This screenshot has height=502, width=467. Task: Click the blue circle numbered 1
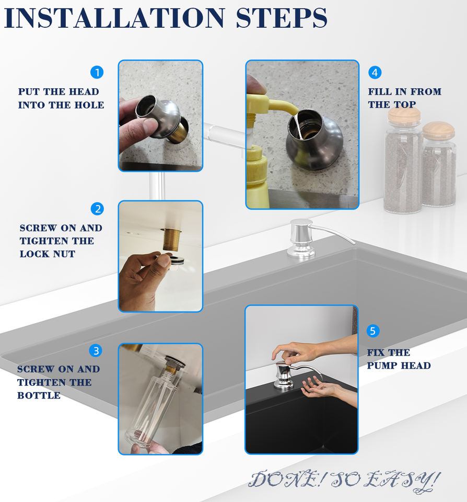pyautogui.click(x=97, y=72)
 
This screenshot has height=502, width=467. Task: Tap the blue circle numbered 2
pyautogui.click(x=98, y=209)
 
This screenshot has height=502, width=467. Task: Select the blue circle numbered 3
pyautogui.click(x=96, y=350)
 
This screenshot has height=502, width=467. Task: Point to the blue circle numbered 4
pyautogui.click(x=375, y=72)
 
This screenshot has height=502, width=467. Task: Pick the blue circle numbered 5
pyautogui.click(x=373, y=330)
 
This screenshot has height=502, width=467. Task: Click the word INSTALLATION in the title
pyautogui.click(x=114, y=18)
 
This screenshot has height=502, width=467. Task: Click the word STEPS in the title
pyautogui.click(x=282, y=18)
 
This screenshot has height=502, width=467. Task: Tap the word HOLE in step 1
pyautogui.click(x=89, y=105)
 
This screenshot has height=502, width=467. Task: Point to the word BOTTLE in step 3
pyautogui.click(x=39, y=395)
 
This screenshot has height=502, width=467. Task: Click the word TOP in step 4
pyautogui.click(x=404, y=105)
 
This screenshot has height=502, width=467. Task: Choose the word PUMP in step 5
pyautogui.click(x=381, y=366)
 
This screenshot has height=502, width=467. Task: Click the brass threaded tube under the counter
pyautogui.click(x=171, y=239)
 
